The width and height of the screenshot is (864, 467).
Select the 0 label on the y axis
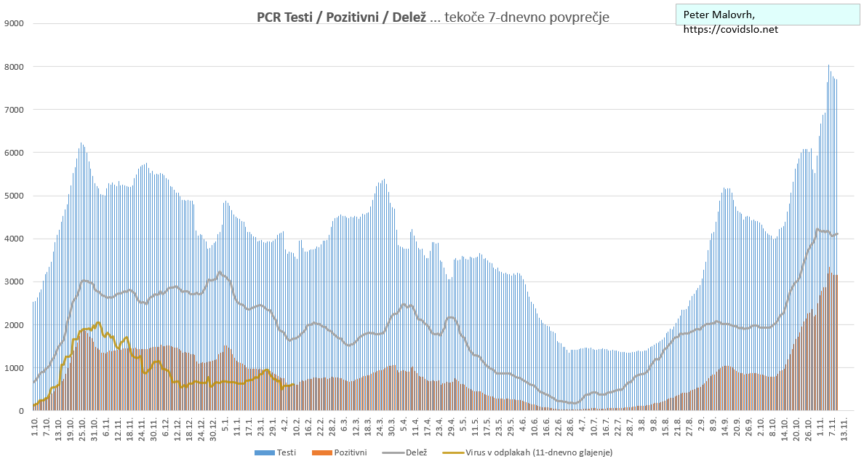tap(21, 411)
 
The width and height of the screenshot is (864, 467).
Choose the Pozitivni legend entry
tap(349, 452)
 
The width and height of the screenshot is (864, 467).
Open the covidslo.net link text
tap(731, 29)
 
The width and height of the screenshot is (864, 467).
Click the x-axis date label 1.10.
tap(34, 426)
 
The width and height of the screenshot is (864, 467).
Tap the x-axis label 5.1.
tap(225, 425)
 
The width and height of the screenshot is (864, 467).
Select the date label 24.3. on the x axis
tap(380, 426)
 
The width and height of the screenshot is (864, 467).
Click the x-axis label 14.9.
tap(725, 426)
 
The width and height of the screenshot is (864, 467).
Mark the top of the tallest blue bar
tap(828, 65)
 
